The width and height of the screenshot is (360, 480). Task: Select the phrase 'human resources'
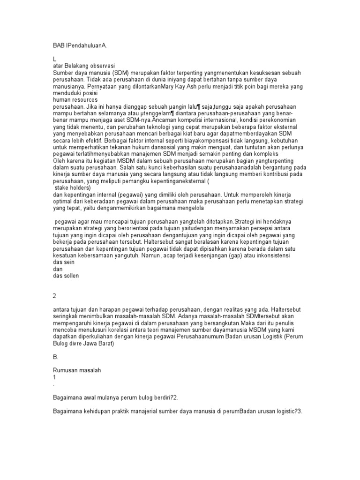pos(75,100)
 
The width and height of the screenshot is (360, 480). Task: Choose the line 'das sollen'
pos(66,276)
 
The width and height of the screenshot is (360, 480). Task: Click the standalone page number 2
pos(54,297)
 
